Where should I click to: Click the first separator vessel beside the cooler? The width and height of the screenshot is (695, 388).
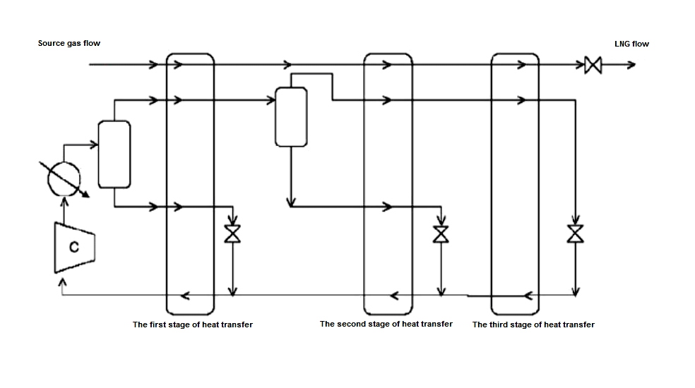pyautogui.click(x=114, y=154)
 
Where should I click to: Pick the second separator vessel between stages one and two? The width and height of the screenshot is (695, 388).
pyautogui.click(x=290, y=116)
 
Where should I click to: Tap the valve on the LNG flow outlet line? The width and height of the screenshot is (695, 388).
pyautogui.click(x=593, y=66)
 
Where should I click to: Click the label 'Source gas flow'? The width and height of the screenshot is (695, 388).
pyautogui.click(x=69, y=44)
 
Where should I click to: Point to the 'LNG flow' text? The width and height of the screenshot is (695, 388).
pyautogui.click(x=631, y=44)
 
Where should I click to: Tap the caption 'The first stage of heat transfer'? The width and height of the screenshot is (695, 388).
pyautogui.click(x=193, y=325)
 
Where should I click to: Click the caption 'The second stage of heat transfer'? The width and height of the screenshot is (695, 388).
pyautogui.click(x=386, y=325)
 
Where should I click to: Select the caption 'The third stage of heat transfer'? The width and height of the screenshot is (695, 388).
pyautogui.click(x=533, y=325)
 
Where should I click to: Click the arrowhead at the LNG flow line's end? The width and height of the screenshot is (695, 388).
pyautogui.click(x=630, y=66)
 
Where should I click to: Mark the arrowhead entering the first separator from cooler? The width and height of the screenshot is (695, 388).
pyautogui.click(x=93, y=145)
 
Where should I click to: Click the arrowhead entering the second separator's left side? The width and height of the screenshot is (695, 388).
pyautogui.click(x=271, y=101)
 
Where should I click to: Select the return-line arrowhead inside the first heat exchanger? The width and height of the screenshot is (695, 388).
pyautogui.click(x=186, y=294)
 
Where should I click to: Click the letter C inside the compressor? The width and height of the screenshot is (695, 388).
pyautogui.click(x=73, y=246)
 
